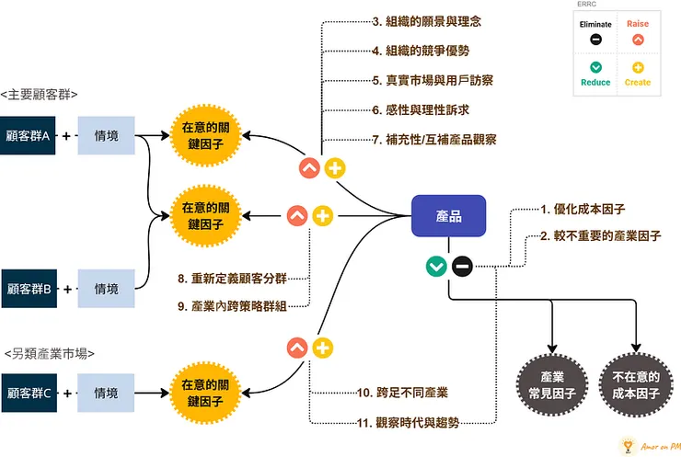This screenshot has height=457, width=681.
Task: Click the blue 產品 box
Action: coord(448,216)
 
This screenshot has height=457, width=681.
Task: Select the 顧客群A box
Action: coord(27,136)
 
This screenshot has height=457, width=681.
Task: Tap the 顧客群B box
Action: coord(27,289)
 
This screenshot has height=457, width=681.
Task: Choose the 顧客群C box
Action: coord(27,393)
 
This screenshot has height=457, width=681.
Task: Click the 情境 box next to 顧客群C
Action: coord(106,393)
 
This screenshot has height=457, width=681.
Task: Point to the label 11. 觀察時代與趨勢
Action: coord(408,423)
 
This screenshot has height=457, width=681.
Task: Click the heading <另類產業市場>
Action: coord(49,352)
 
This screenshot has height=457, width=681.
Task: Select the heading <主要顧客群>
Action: coord(40,94)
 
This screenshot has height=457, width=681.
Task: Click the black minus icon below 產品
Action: coord(462,267)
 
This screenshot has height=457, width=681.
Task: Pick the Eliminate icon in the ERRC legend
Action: coord(596,40)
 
